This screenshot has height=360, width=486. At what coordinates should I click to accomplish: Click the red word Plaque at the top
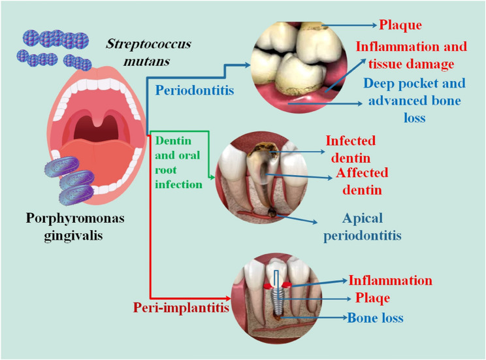click(x=400, y=25)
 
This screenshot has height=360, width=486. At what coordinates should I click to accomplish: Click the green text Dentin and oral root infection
click(x=177, y=161)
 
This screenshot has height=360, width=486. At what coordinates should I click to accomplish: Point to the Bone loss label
click(x=375, y=318)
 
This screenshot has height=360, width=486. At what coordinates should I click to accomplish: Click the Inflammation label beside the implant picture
click(x=390, y=280)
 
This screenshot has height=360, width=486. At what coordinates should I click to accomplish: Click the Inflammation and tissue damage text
click(x=411, y=56)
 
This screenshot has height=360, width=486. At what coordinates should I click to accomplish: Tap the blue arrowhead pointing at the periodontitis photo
click(x=247, y=65)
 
